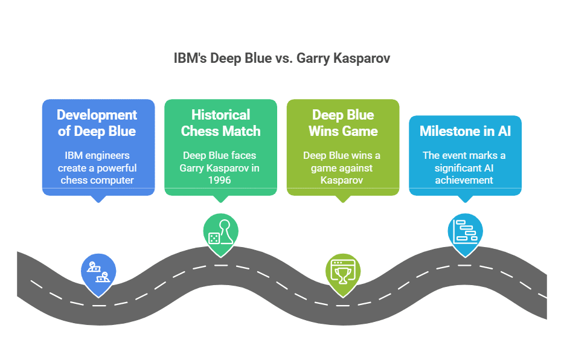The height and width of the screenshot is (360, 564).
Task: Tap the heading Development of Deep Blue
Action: coord(97,123)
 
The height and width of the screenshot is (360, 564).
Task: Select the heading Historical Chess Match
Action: coord(220,123)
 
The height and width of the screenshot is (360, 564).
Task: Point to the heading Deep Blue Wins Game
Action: coord(342,123)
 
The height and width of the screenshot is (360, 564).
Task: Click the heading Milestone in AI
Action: coord(465,130)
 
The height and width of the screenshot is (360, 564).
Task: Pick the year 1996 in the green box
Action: coord(220,180)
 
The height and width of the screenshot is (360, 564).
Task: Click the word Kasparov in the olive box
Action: coord(342,180)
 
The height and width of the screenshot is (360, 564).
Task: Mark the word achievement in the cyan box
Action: coord(465,180)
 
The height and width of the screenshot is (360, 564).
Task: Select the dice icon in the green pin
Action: coord(214,237)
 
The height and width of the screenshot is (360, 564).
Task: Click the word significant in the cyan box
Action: coord(453,168)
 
